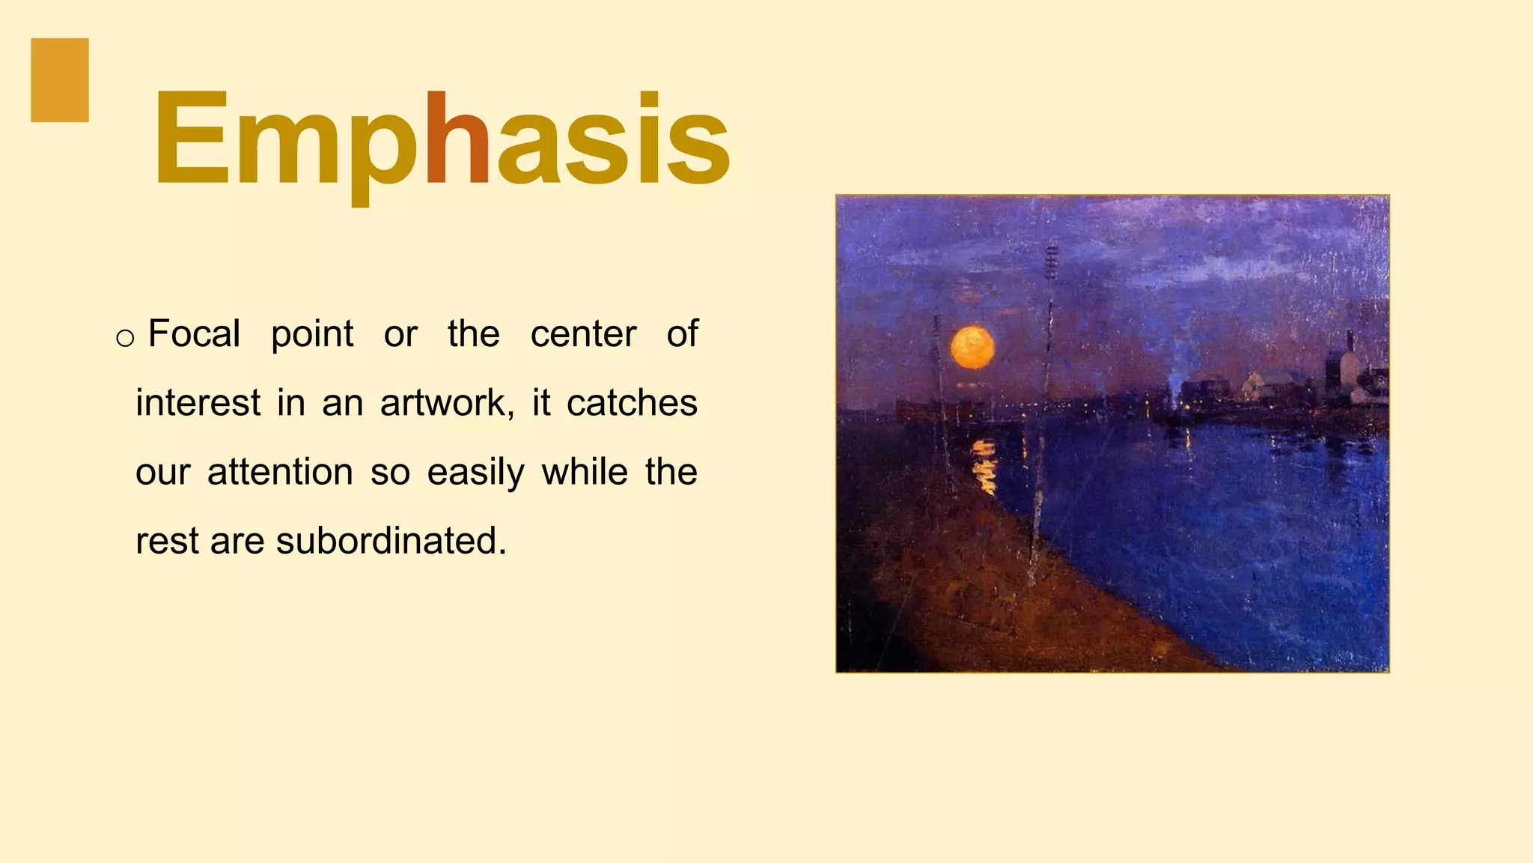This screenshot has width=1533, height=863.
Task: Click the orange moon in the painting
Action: point(972,348)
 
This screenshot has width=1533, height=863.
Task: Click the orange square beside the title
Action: point(60,80)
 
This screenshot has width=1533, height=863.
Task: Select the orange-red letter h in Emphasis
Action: point(457,139)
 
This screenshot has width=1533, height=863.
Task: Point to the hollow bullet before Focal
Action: point(125,338)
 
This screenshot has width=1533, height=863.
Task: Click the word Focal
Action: point(194,334)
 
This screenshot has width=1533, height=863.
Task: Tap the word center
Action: point(583,334)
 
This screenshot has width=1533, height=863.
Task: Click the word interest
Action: point(198,403)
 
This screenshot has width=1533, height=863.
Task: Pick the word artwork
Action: point(447,403)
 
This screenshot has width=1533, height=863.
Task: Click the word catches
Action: point(632,403)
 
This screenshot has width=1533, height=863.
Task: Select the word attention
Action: point(280,473)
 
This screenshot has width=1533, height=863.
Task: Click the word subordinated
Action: point(391,541)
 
